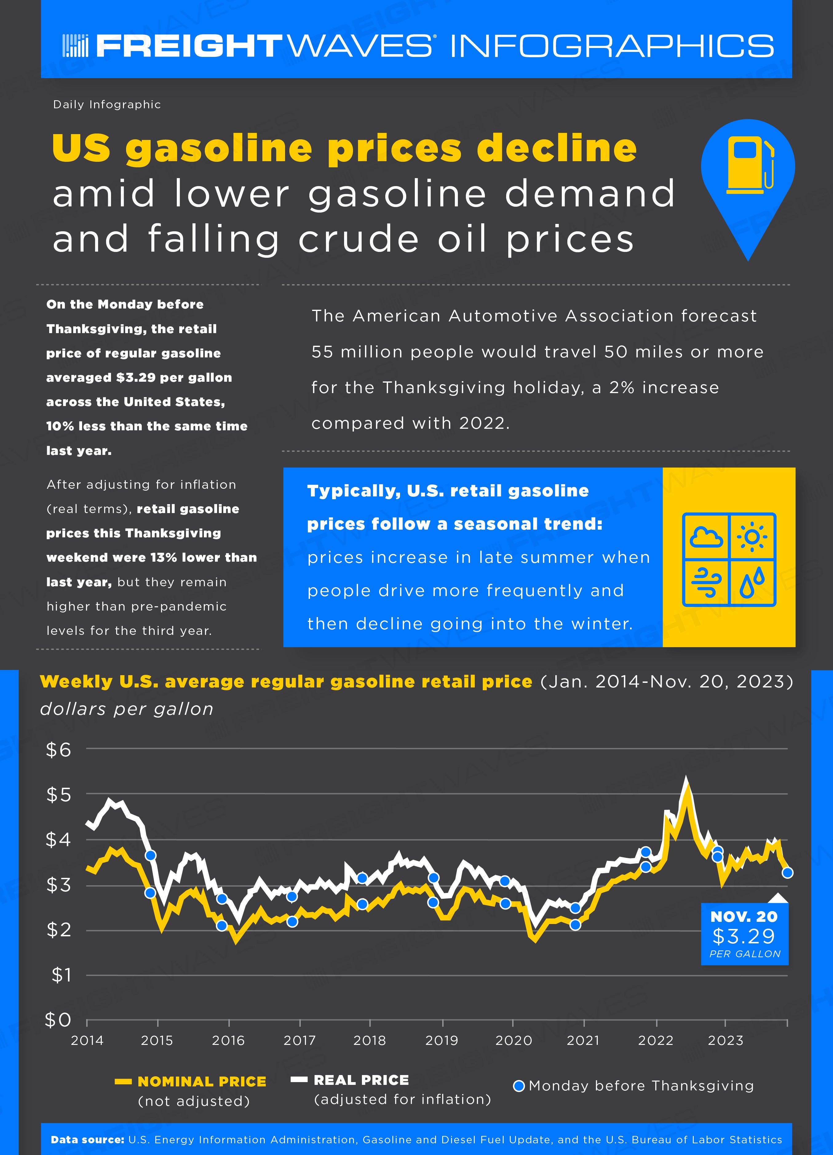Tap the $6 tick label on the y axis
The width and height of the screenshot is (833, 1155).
58,750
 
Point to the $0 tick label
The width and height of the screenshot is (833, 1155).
58,1020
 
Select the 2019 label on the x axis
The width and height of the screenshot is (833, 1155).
442,1040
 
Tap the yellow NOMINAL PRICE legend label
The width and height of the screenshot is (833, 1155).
202,1081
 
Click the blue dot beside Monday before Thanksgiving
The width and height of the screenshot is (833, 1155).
519,1086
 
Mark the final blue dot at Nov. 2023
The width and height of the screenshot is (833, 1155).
787,873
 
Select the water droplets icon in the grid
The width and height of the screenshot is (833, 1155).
752,582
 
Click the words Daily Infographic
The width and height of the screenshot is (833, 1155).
107,104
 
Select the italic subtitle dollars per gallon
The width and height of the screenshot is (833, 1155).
127,709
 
